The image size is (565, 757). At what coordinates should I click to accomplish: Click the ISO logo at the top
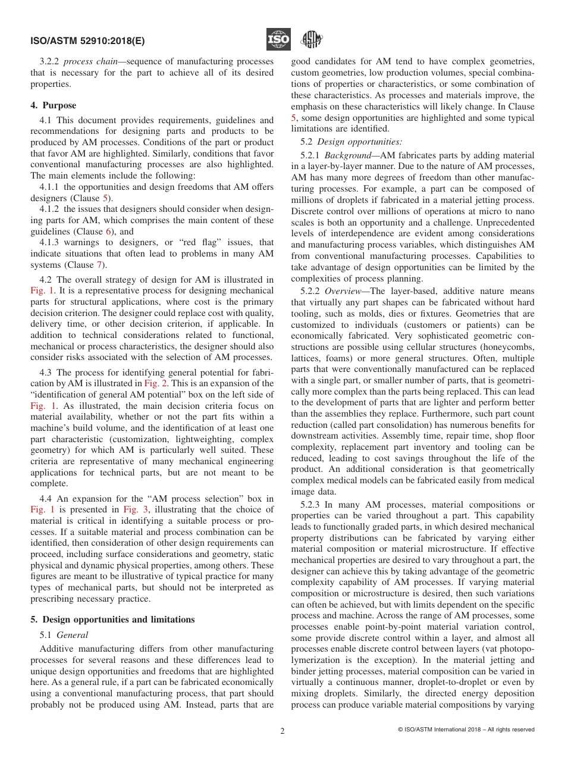click(x=278, y=40)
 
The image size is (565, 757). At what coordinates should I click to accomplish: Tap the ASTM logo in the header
click(x=310, y=40)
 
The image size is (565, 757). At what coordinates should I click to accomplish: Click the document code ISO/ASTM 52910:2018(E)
click(x=87, y=41)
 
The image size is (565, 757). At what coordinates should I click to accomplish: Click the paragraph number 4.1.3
click(x=51, y=243)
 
